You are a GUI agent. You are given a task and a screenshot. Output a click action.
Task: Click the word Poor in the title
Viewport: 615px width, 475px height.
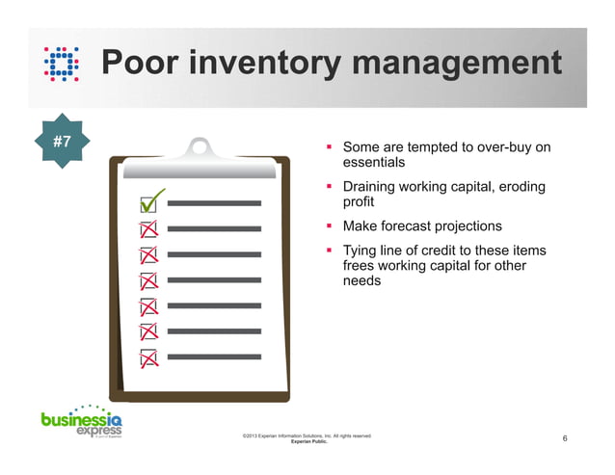coord(146,64)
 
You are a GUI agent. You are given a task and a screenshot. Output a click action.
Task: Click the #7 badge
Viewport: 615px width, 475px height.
coord(62,142)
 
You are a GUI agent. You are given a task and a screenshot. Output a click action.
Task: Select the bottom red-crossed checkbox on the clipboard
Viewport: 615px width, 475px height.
coord(149,357)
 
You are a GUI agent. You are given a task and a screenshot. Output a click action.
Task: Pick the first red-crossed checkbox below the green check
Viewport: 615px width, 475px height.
coord(149,230)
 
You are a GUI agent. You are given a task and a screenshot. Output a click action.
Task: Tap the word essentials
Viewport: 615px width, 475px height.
coord(374,164)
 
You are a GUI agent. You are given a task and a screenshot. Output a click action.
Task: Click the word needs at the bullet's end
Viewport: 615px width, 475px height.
coord(362,281)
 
